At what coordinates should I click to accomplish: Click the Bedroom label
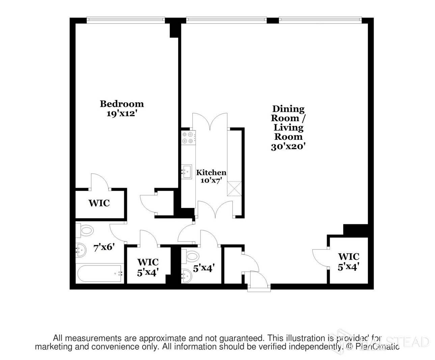pyautogui.click(x=121, y=104)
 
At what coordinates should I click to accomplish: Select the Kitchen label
pyautogui.click(x=211, y=173)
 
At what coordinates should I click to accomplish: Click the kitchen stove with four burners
pyautogui.click(x=188, y=138)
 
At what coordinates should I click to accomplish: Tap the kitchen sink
pyautogui.click(x=186, y=172)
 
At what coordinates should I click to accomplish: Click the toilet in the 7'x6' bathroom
pyautogui.click(x=85, y=231)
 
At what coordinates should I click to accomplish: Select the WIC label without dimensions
pyautogui.click(x=99, y=203)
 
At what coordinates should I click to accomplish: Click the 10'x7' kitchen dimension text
pyautogui.click(x=211, y=180)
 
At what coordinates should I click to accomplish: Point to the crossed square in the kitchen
pyautogui.click(x=235, y=188)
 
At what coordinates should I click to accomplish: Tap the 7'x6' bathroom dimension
pyautogui.click(x=104, y=247)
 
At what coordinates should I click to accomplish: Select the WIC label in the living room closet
pyautogui.click(x=348, y=257)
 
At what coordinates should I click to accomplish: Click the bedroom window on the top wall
pyautogui.click(x=126, y=20)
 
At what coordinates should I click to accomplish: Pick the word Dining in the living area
pyautogui.click(x=288, y=109)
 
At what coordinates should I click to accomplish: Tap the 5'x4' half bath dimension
pyautogui.click(x=204, y=268)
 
